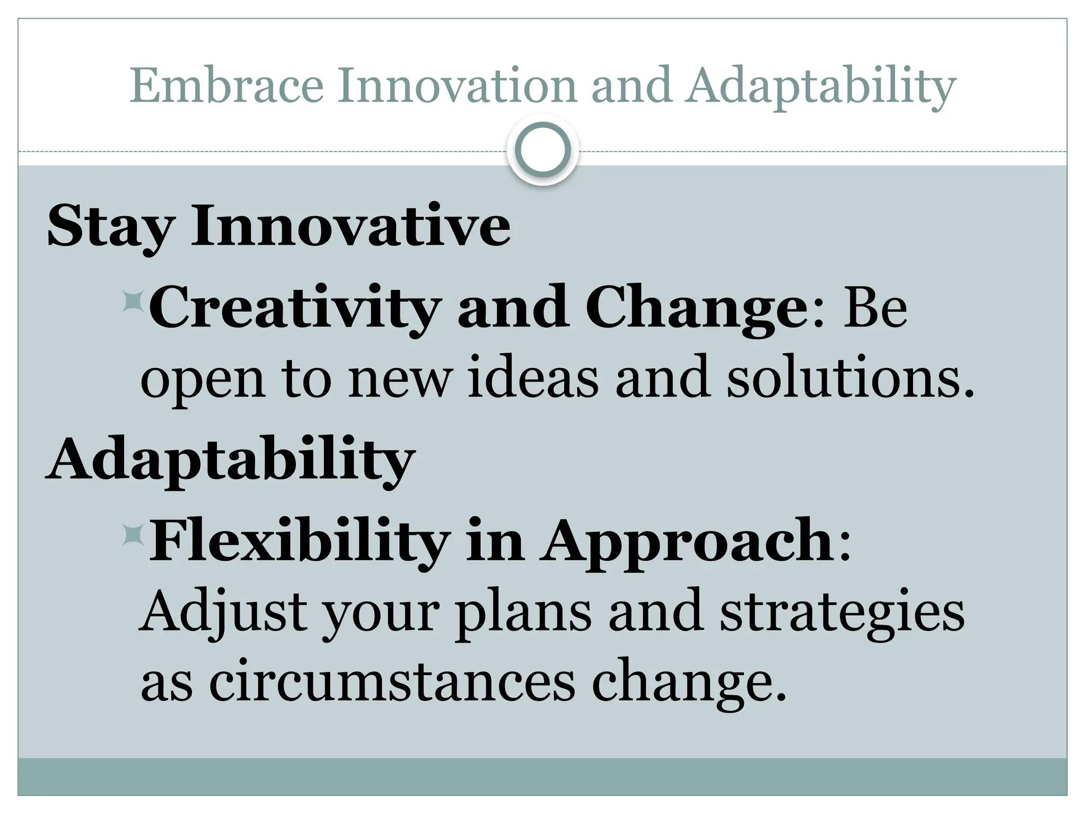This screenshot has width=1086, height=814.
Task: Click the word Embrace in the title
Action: (x=226, y=86)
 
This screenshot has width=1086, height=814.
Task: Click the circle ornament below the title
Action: (x=542, y=150)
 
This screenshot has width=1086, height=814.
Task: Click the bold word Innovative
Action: (x=351, y=226)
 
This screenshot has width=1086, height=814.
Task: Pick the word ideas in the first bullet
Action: (x=532, y=378)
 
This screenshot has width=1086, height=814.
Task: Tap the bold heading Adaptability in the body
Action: (x=230, y=459)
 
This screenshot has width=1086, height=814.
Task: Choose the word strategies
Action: (x=842, y=614)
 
